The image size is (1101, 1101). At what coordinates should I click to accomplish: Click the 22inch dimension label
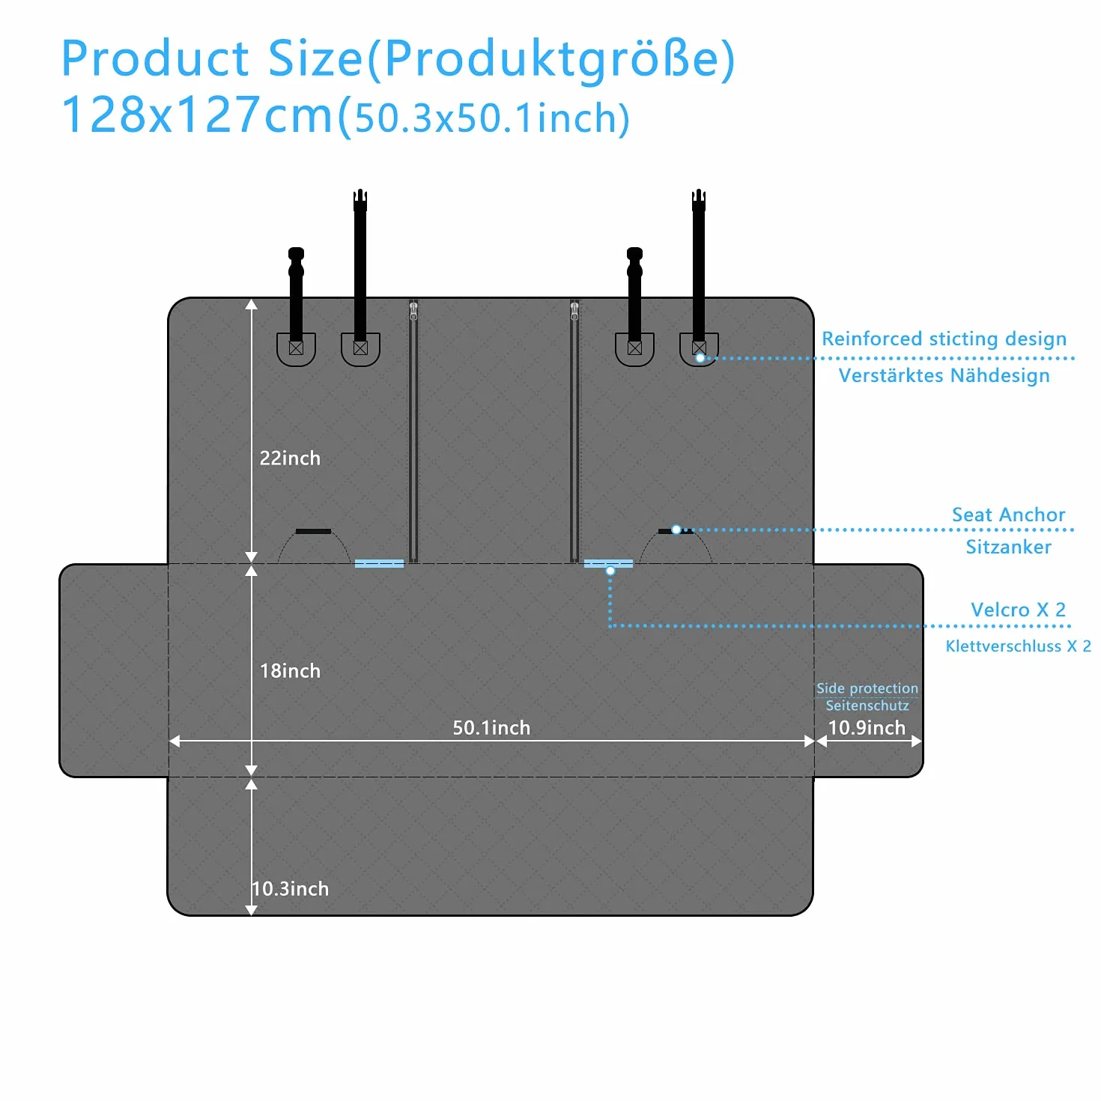[290, 458]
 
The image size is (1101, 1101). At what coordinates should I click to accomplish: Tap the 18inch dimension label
[290, 671]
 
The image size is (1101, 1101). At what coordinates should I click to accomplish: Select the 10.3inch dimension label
[291, 888]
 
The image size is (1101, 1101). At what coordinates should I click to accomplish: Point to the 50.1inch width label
[491, 727]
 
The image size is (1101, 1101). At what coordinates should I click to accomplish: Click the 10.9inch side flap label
[867, 727]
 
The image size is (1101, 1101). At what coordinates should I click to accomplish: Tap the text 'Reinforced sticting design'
[944, 339]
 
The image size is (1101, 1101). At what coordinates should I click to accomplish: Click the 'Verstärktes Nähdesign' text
[944, 375]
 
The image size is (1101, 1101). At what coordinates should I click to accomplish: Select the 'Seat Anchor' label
[1008, 515]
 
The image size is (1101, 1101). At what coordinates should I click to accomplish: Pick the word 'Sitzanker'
[1008, 547]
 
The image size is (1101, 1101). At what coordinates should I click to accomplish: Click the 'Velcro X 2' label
[1018, 610]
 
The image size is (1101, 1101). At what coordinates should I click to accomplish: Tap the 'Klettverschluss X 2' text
[1018, 646]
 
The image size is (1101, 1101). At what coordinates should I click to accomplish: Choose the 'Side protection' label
[867, 688]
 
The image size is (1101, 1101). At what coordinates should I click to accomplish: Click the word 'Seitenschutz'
[867, 706]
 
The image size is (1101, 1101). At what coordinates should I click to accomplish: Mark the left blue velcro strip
[380, 563]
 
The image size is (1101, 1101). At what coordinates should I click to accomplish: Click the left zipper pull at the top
[413, 311]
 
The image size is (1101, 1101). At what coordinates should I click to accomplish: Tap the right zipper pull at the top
[574, 311]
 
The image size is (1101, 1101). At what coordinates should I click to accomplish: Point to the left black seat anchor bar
[313, 531]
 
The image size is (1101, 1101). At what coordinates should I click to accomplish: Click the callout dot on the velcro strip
[610, 570]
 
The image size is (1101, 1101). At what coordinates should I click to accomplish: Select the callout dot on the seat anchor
[676, 530]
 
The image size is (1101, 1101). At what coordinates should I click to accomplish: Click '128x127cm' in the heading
[196, 115]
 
